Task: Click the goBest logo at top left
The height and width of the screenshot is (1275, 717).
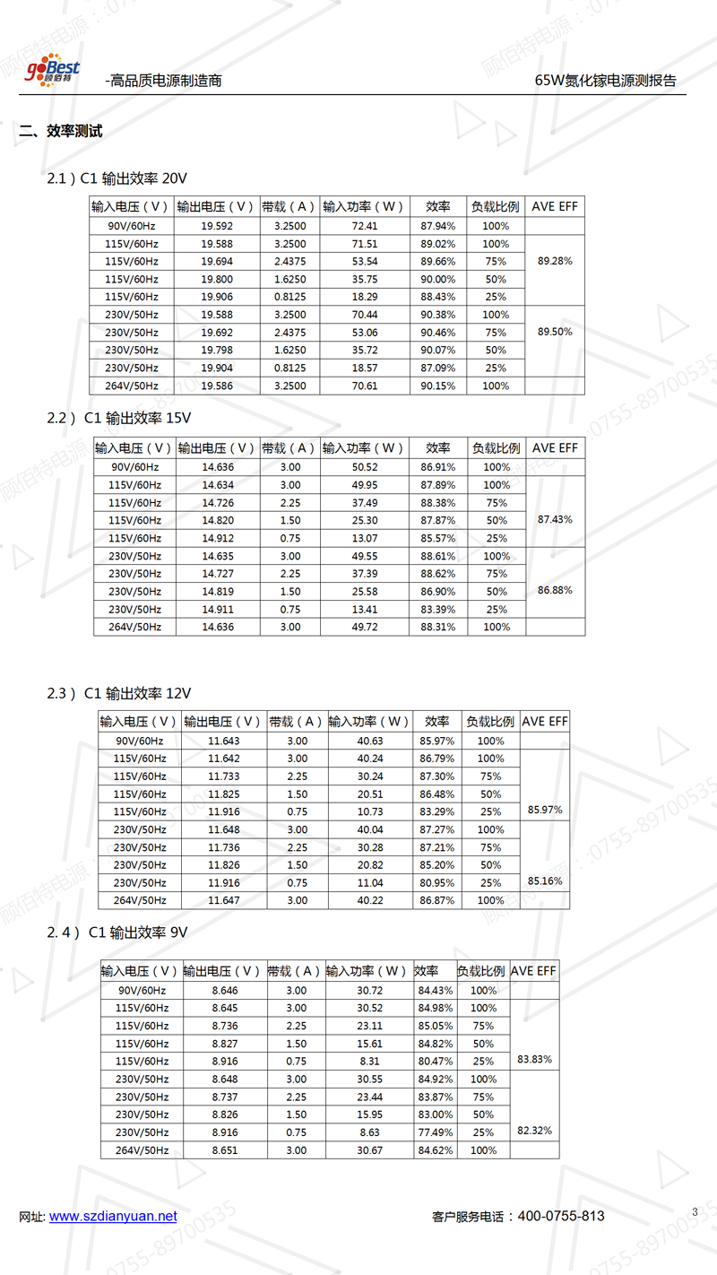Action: (x=52, y=71)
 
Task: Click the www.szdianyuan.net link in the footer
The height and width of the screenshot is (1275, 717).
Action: (x=113, y=1217)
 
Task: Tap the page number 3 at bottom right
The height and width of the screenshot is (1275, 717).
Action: (x=695, y=1212)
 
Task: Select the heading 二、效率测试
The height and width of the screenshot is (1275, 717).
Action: (x=61, y=132)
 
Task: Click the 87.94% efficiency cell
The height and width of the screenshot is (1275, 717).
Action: (x=438, y=226)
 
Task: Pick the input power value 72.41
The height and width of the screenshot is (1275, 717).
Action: (x=365, y=226)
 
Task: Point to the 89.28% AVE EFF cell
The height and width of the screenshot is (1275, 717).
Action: (x=555, y=261)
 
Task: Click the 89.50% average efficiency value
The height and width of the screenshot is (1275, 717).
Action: (x=555, y=332)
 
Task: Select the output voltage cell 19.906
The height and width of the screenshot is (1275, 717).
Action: (x=217, y=297)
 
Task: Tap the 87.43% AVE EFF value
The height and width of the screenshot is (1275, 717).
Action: (x=555, y=520)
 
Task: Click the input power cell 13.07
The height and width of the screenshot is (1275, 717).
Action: (x=365, y=538)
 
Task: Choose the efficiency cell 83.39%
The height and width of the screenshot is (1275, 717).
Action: (x=438, y=610)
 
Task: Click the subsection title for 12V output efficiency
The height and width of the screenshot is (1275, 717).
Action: (x=119, y=693)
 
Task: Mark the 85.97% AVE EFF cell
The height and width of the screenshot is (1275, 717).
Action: (x=545, y=810)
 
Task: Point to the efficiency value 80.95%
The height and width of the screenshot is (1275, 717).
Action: (x=436, y=883)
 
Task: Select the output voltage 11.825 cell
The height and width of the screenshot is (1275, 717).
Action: (x=224, y=794)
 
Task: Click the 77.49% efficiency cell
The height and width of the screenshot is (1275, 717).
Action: (x=435, y=1132)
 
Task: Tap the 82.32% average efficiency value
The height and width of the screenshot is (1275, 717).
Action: (x=534, y=1131)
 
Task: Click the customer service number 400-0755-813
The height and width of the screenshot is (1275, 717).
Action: (x=561, y=1217)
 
